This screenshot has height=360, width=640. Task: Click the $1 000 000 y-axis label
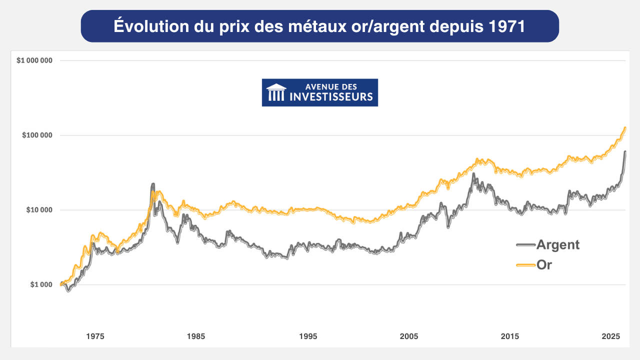click(34, 60)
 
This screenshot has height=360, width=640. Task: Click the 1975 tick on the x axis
click(95, 336)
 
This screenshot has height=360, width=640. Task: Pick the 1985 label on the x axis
click(196, 336)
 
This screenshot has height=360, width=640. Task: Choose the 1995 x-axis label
click(308, 336)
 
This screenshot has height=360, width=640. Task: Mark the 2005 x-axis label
click(409, 336)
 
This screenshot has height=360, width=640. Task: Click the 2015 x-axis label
click(510, 336)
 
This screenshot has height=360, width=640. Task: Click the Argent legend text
click(557, 244)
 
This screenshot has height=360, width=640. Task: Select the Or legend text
click(544, 265)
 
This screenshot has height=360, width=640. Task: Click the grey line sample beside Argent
click(526, 245)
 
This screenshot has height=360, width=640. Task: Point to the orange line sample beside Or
click(526, 265)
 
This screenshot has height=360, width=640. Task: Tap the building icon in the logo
click(276, 92)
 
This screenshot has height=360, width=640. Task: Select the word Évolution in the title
click(148, 26)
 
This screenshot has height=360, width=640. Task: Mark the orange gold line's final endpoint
click(625, 128)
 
